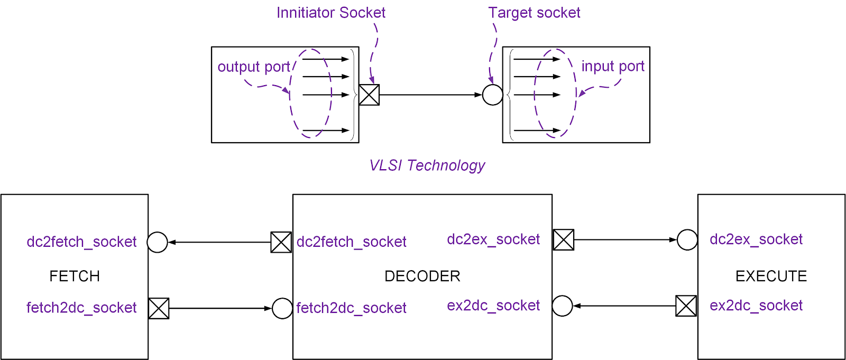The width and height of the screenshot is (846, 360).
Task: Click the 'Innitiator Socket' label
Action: (330, 13)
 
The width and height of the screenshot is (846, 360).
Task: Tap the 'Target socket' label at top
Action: (534, 13)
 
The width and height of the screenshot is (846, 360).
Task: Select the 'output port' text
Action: (254, 67)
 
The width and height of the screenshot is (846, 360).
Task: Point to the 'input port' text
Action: (613, 67)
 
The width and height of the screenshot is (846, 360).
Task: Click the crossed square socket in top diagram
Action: (369, 95)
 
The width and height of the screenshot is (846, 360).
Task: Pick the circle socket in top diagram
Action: (492, 95)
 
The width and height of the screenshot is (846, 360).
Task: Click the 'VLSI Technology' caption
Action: (427, 165)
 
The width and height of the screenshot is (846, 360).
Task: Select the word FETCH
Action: (75, 276)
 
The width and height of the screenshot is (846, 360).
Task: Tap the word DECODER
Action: (422, 276)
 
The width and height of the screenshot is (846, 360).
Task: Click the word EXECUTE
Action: (771, 276)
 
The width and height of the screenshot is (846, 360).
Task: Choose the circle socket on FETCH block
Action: (157, 242)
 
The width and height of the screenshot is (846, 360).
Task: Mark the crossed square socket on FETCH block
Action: (159, 308)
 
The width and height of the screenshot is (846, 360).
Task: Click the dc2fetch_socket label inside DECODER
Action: (351, 242)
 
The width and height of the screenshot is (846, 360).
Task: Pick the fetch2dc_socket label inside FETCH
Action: (81, 308)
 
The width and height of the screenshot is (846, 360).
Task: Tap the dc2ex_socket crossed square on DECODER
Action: (563, 239)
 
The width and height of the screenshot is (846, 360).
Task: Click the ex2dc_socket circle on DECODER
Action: (562, 306)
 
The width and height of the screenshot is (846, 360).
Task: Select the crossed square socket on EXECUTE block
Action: (686, 306)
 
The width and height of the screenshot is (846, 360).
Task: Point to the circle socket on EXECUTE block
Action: (687, 239)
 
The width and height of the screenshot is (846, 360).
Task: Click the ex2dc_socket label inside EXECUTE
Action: (756, 306)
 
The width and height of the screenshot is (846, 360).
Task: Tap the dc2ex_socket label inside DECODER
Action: (493, 239)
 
